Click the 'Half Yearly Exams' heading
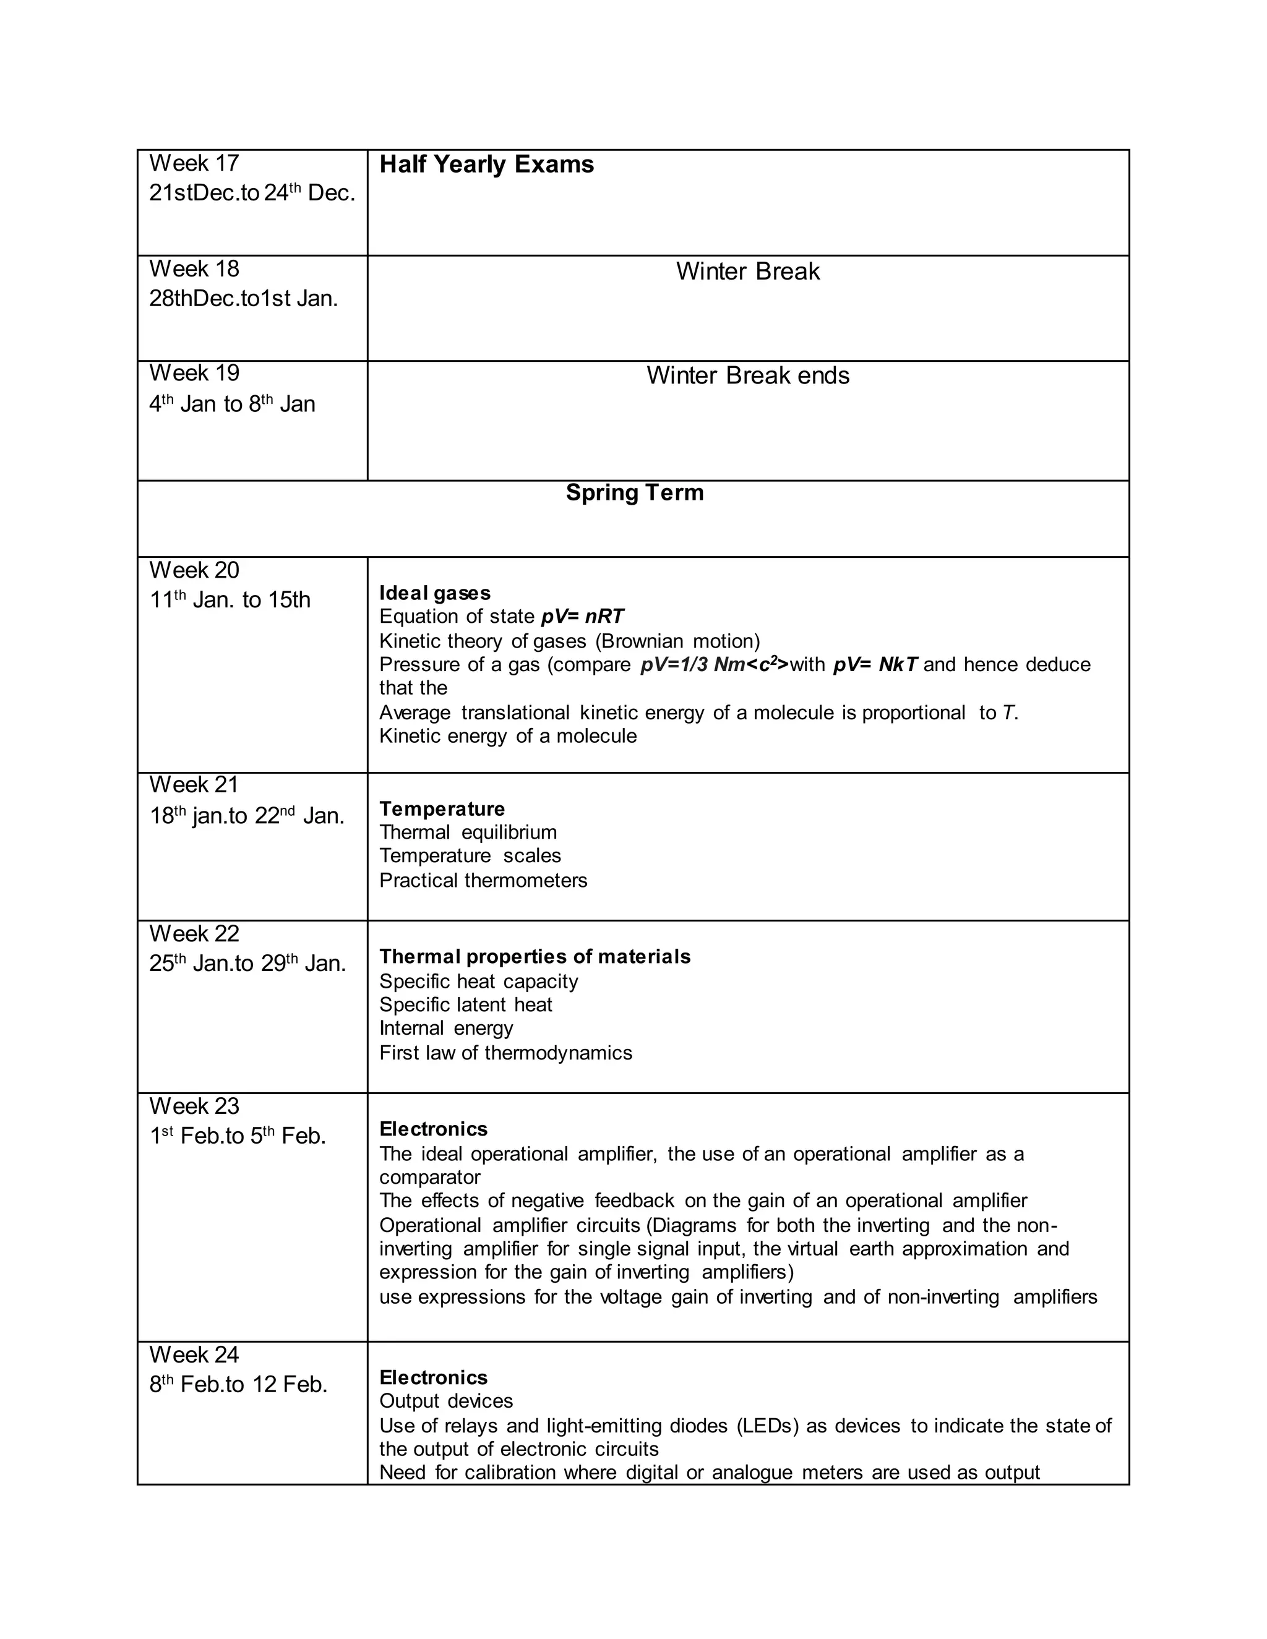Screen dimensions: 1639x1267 (486, 165)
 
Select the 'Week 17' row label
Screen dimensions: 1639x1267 (194, 163)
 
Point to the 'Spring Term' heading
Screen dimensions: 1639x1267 (634, 492)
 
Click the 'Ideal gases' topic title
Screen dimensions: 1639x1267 (434, 593)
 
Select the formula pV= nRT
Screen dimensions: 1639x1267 (582, 617)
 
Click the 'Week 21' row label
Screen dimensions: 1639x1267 (194, 785)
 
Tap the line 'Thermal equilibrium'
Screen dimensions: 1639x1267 (468, 832)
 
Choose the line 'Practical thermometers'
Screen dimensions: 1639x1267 (483, 880)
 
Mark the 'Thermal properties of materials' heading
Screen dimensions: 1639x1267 (535, 957)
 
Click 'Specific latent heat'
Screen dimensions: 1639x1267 (465, 1005)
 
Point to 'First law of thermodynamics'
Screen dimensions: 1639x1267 (505, 1053)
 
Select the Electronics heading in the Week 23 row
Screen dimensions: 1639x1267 (433, 1129)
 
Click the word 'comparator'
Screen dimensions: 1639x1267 (429, 1177)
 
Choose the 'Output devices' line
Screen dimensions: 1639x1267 (446, 1401)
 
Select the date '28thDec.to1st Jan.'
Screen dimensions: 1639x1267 (243, 299)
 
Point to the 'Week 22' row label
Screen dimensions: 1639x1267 (194, 933)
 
